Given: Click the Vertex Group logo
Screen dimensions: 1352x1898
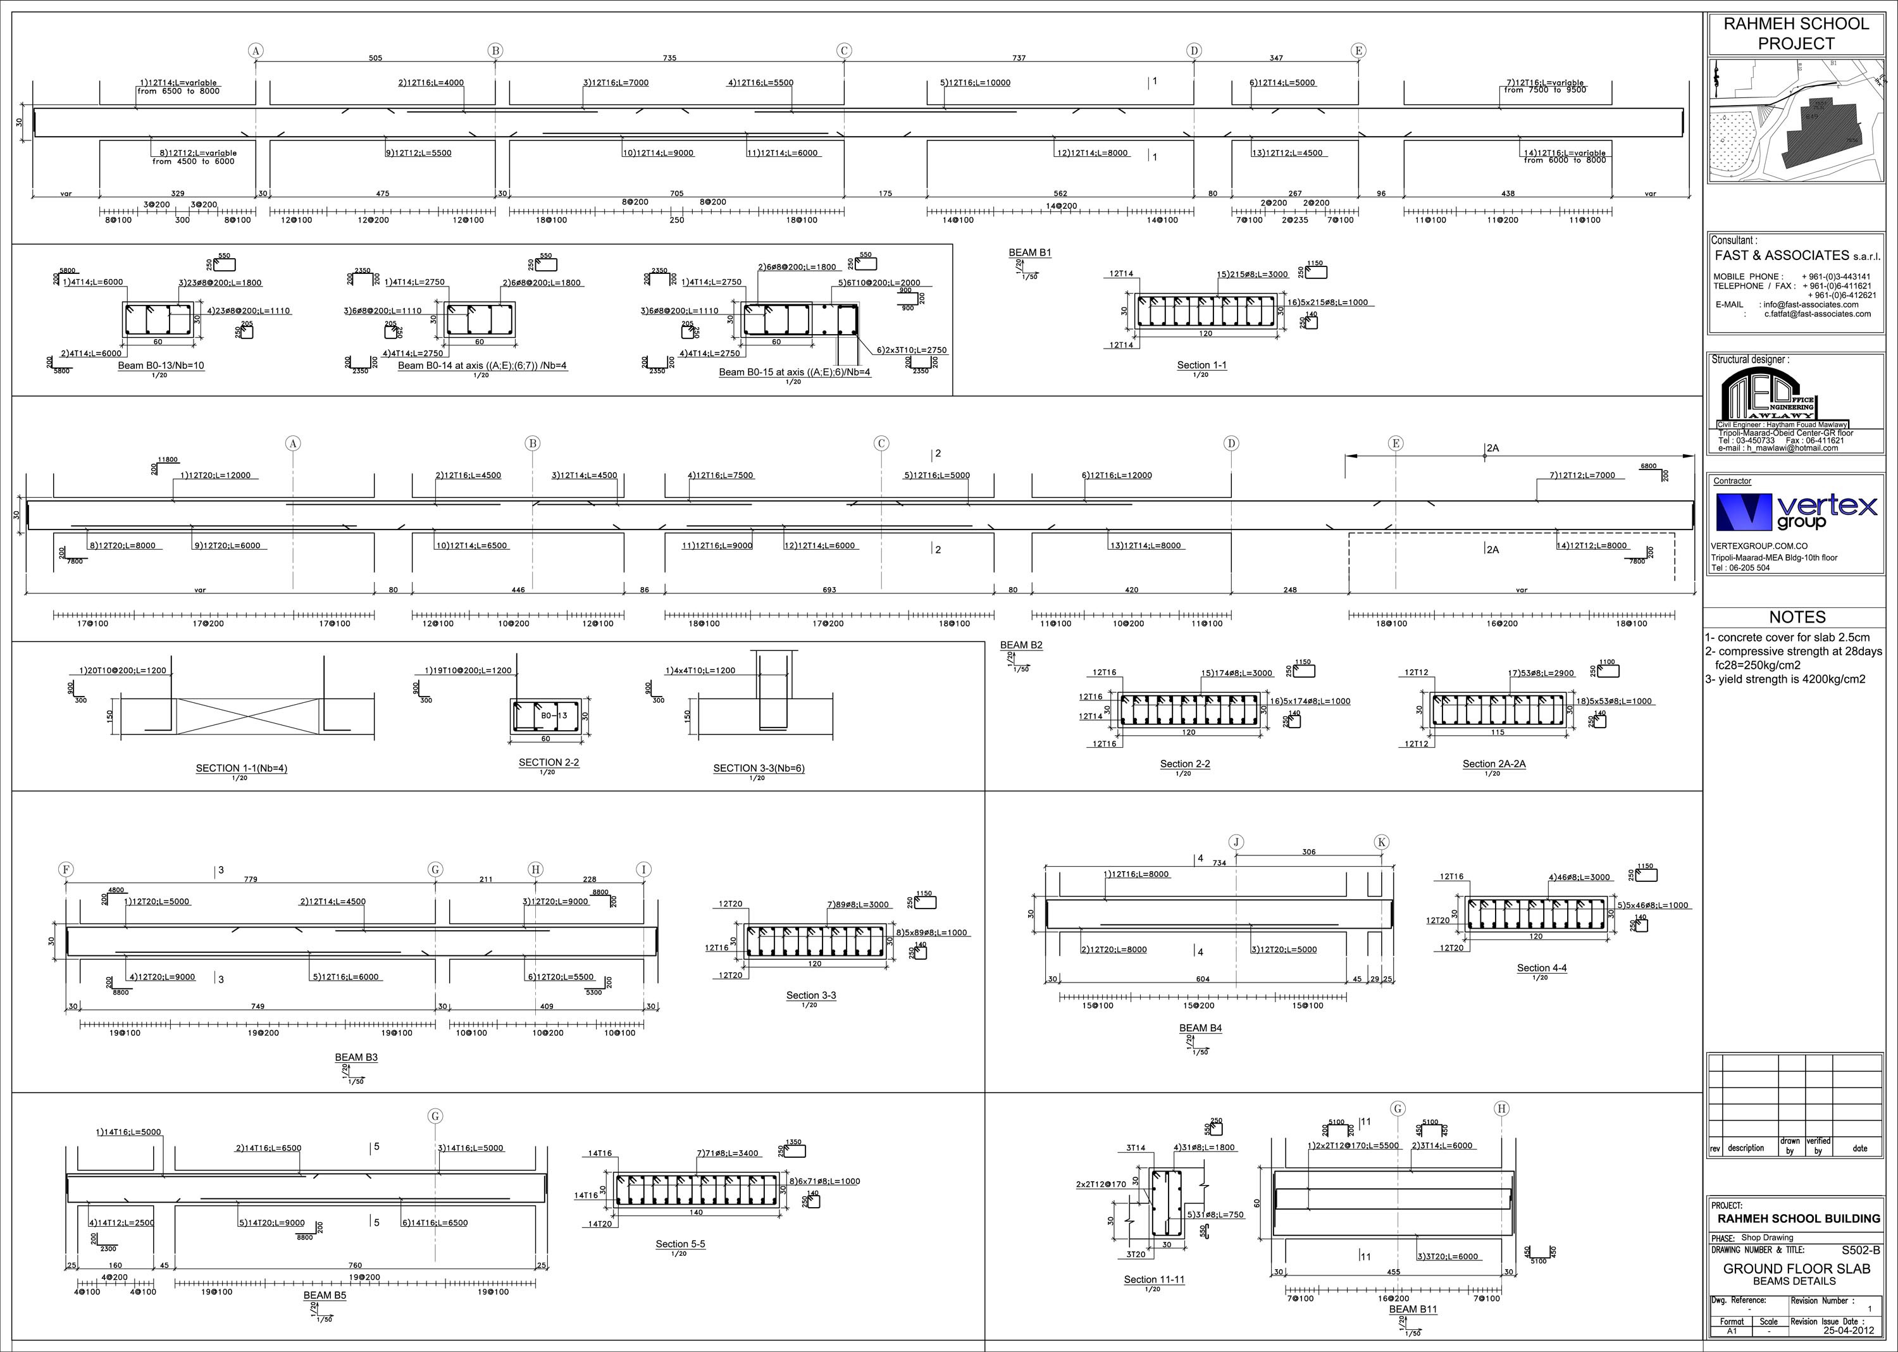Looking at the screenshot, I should click(x=1796, y=511).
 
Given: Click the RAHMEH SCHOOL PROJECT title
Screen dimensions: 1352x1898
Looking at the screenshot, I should click(x=1796, y=34).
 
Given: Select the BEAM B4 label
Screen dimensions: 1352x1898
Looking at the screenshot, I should click(x=1200, y=1028).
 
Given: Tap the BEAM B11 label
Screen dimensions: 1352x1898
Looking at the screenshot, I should click(x=1413, y=1310).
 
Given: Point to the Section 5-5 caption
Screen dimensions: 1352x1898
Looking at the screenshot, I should click(x=679, y=1244).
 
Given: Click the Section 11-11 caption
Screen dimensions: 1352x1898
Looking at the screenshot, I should click(x=1154, y=1280).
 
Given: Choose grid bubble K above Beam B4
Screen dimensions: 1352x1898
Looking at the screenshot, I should click(x=1381, y=843).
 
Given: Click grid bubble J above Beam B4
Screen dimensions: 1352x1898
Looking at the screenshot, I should click(x=1236, y=843).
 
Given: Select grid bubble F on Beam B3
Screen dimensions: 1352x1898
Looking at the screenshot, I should click(x=66, y=870).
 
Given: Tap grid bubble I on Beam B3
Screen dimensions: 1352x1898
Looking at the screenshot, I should click(x=643, y=870).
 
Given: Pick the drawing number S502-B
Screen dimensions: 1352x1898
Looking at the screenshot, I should click(x=1861, y=1250).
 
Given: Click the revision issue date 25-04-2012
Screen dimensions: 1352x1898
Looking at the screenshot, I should click(x=1849, y=1329).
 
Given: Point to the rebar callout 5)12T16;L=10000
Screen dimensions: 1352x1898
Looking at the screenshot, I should click(x=975, y=82).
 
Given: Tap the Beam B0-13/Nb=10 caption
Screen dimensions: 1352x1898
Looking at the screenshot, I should click(x=161, y=366).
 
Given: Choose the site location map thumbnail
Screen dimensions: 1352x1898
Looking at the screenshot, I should click(x=1796, y=121).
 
